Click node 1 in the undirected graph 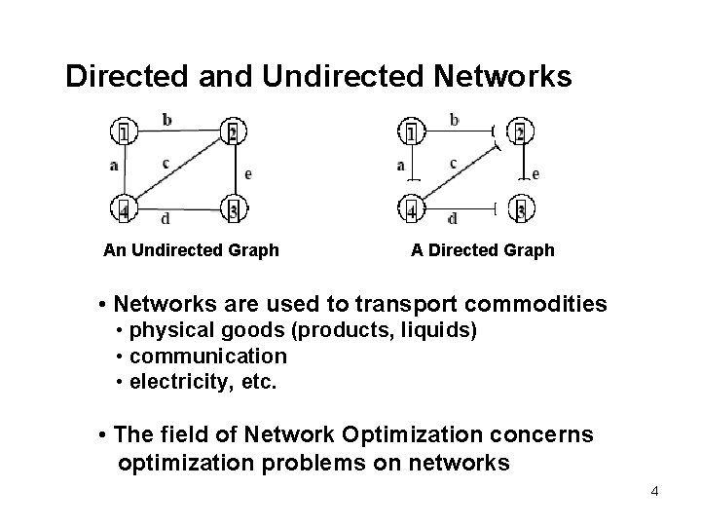tap(123, 131)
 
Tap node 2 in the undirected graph tap(233, 131)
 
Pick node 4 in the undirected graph tap(124, 208)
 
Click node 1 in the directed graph tap(412, 131)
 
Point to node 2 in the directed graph tap(520, 131)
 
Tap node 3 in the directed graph tap(521, 208)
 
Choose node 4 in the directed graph tap(412, 208)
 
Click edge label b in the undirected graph tap(167, 120)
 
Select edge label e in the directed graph tap(536, 173)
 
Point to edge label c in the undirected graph tap(166, 163)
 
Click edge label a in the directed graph tap(400, 166)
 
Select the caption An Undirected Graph tap(191, 250)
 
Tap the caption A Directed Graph tap(482, 250)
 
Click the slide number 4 tap(654, 491)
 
